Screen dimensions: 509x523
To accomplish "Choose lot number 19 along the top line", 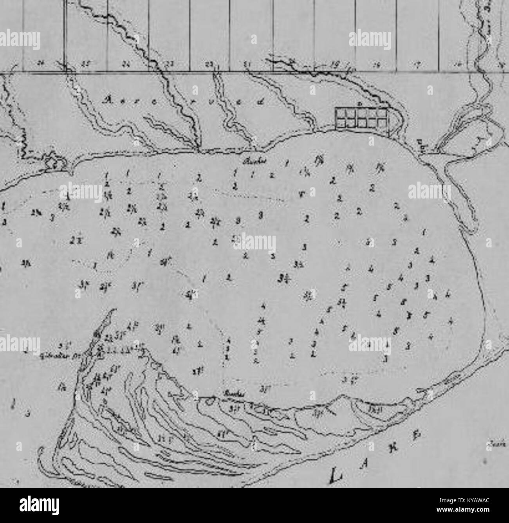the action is [334, 63].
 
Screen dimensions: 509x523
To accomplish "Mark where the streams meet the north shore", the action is [198, 149].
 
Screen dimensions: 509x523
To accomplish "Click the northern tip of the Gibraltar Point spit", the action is [114, 310].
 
